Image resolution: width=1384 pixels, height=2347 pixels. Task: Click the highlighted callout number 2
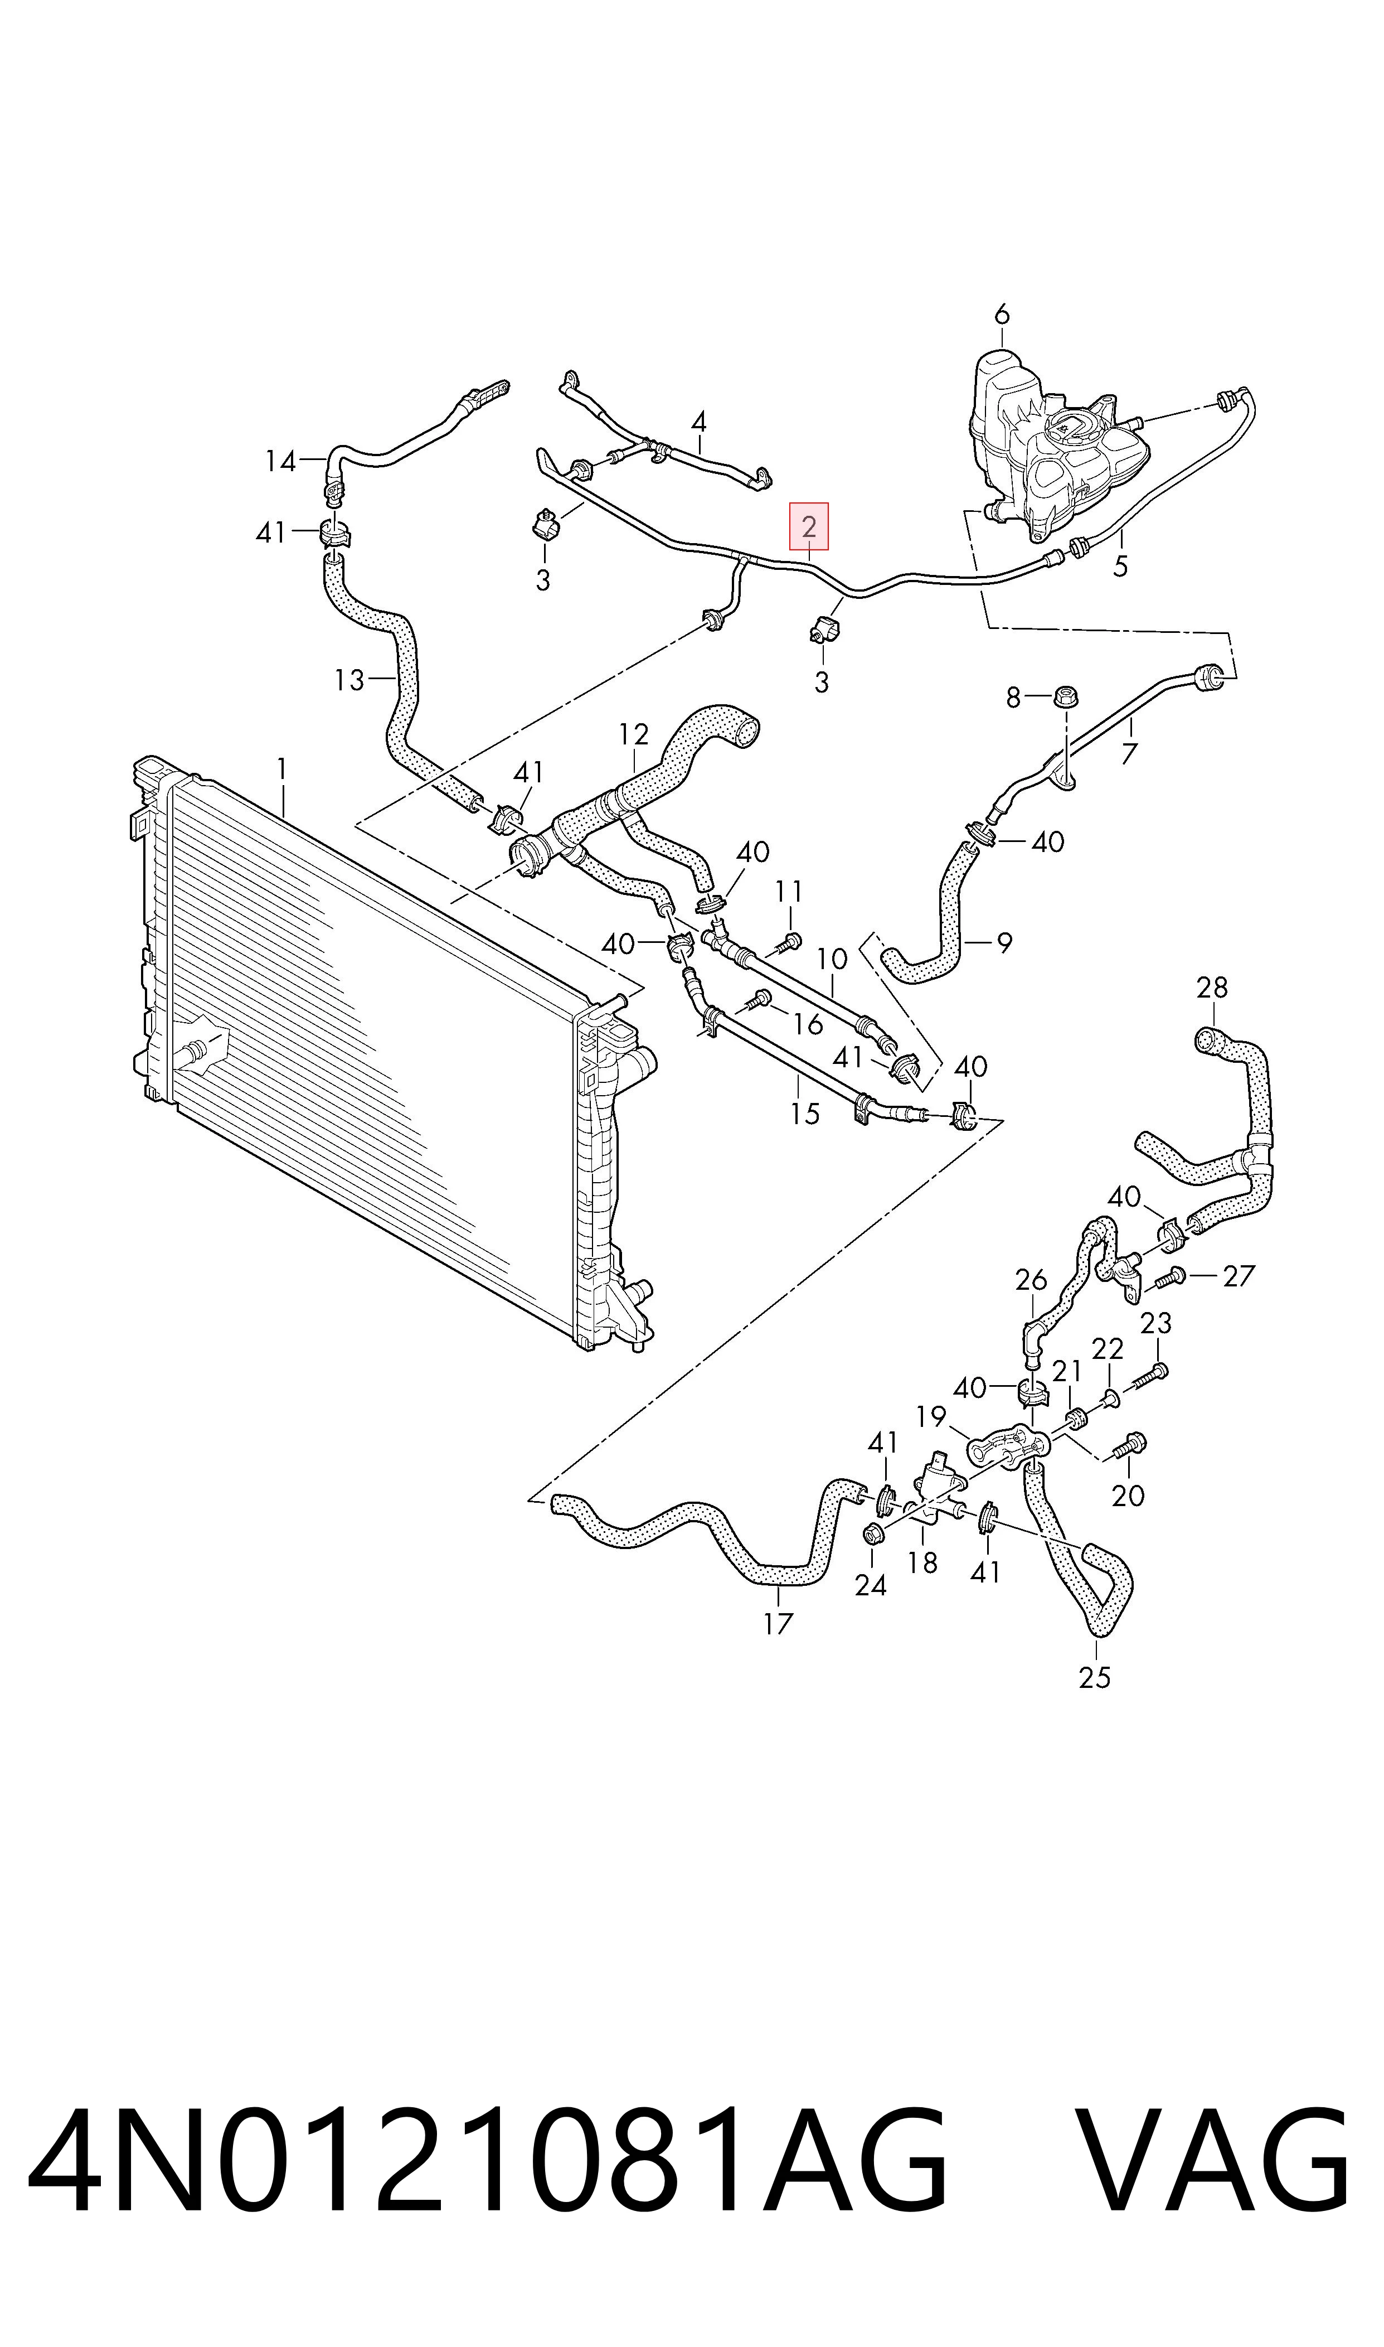[809, 527]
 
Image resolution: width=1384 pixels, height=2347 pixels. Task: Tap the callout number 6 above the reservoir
[1002, 314]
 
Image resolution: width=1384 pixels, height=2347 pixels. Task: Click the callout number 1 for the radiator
[281, 770]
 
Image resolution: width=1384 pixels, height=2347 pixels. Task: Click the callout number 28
[1212, 987]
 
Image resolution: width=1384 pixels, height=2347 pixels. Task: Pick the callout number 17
[778, 1624]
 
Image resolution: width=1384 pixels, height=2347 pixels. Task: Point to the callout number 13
[349, 680]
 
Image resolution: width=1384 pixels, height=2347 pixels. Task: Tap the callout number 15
[804, 1114]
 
